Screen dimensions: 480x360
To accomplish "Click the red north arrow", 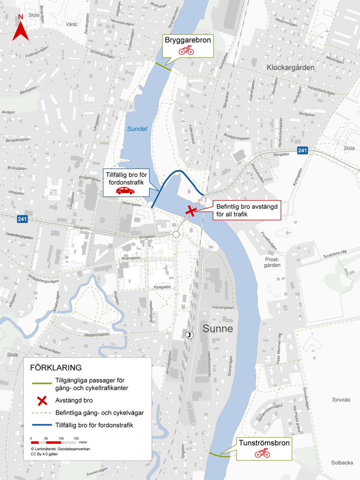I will (x=20, y=29).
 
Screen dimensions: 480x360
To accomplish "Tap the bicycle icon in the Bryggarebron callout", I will (x=186, y=50).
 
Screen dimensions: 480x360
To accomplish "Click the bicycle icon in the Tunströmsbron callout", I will (x=262, y=453).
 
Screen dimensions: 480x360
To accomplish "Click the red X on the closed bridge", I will (x=190, y=211).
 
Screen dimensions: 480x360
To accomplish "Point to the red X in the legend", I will (x=42, y=399).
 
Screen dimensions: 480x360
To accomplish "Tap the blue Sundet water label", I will (x=136, y=128).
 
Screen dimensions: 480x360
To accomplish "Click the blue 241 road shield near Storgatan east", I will (x=301, y=150).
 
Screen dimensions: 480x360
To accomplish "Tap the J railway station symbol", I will (x=189, y=334).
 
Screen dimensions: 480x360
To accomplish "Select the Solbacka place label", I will (x=342, y=462).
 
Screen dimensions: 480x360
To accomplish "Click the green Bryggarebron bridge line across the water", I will (x=163, y=66).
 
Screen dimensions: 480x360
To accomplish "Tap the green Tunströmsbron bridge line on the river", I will (x=219, y=454).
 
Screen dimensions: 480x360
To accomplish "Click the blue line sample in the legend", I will (x=42, y=425).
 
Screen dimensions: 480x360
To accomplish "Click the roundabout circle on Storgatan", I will (x=175, y=234).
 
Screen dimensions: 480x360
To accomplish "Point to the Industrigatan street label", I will (x=223, y=307).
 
